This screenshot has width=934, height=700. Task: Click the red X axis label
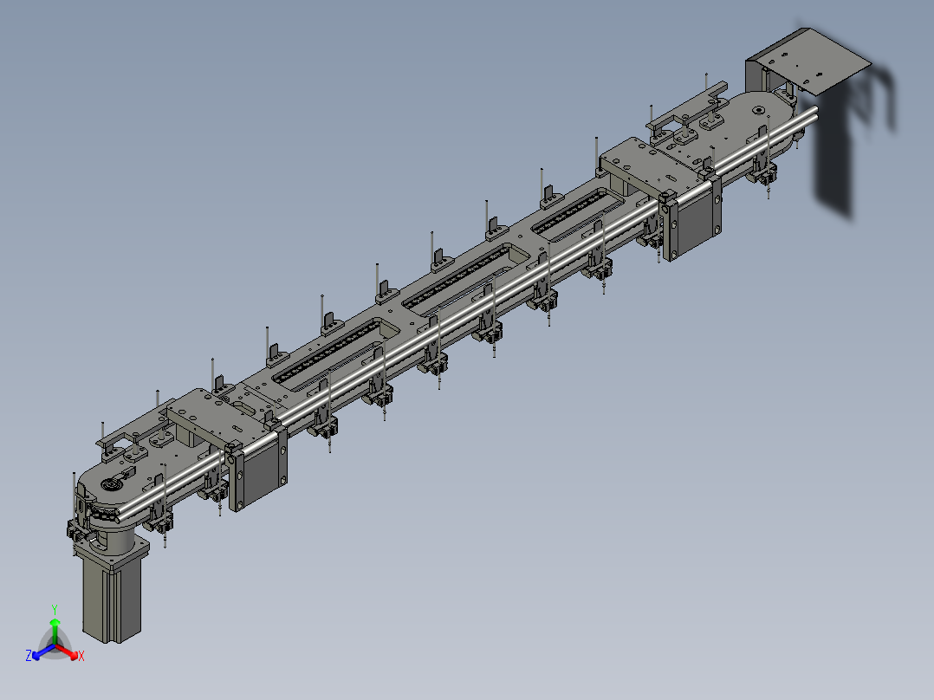81,656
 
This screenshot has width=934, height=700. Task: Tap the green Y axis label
54,608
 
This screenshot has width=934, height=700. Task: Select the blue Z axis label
29,656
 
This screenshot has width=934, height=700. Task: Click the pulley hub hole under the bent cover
758,109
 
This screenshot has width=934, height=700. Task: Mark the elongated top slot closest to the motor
329,351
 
